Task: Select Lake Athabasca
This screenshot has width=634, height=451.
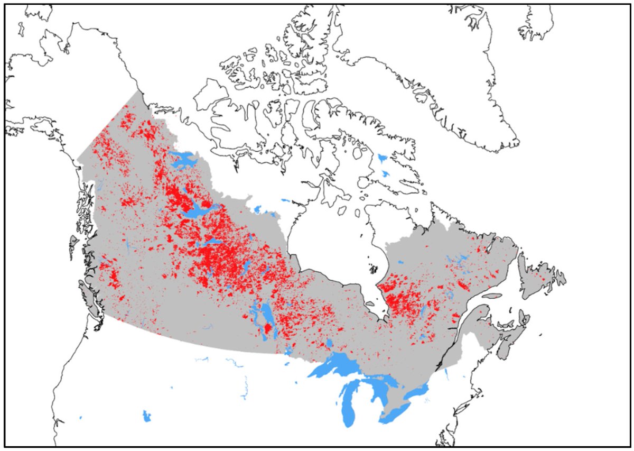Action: click(213, 241)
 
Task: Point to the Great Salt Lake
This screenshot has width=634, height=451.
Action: click(146, 416)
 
